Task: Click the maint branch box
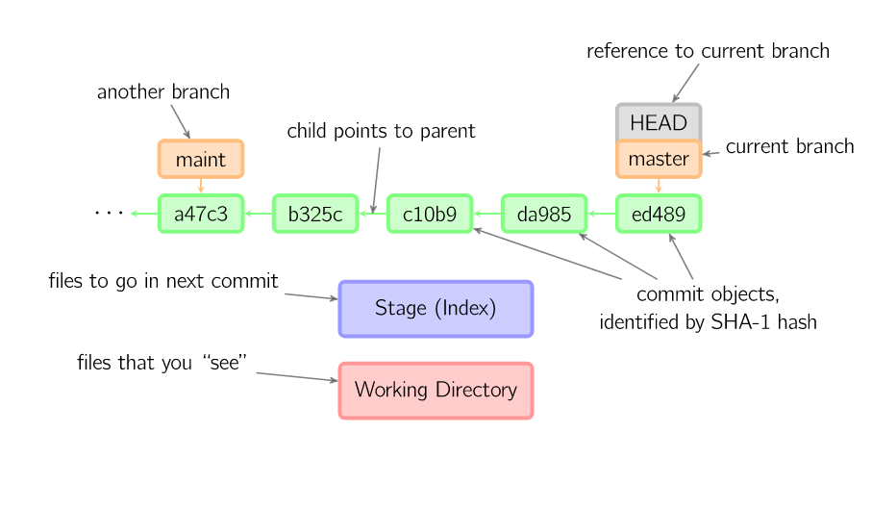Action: click(x=201, y=159)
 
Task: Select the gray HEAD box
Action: click(x=659, y=121)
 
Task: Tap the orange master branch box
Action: click(x=659, y=160)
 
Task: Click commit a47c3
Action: click(x=201, y=214)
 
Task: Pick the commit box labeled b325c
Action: click(x=315, y=214)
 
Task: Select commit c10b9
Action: click(x=430, y=214)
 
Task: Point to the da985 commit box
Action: click(x=544, y=214)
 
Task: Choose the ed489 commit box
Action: click(x=659, y=214)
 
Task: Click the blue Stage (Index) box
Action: click(x=436, y=309)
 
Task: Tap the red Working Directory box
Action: click(x=436, y=391)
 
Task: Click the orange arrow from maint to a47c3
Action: click(x=201, y=186)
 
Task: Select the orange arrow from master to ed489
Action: click(x=659, y=186)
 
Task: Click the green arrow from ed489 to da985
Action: click(x=601, y=214)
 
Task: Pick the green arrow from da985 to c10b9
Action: click(x=486, y=214)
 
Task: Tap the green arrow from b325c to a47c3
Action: click(x=258, y=214)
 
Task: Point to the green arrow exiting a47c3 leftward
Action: click(x=143, y=214)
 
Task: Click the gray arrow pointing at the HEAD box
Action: click(x=685, y=83)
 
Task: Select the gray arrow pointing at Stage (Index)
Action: click(x=311, y=296)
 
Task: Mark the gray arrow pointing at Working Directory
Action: click(x=297, y=376)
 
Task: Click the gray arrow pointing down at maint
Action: click(x=181, y=121)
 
